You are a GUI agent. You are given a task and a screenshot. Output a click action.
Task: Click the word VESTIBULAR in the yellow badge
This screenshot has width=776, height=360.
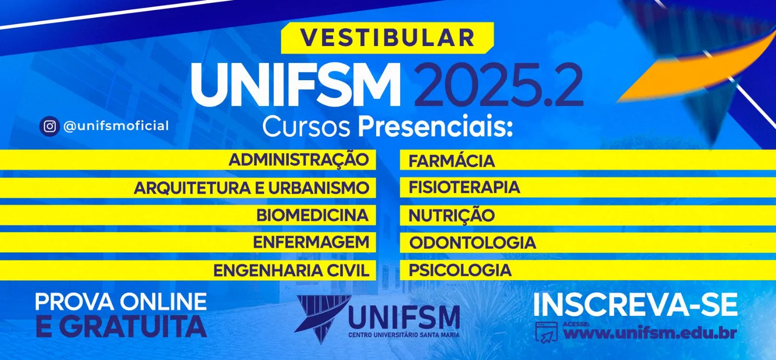pyautogui.click(x=387, y=37)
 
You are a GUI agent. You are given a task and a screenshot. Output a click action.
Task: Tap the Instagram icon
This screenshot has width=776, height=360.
pyautogui.click(x=49, y=126)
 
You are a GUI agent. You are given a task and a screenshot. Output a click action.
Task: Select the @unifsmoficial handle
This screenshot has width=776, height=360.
pyautogui.click(x=116, y=126)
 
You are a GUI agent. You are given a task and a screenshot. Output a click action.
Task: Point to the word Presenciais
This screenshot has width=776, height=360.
pyautogui.click(x=435, y=126)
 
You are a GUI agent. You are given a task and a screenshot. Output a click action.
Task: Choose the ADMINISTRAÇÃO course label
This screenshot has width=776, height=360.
pyautogui.click(x=298, y=159)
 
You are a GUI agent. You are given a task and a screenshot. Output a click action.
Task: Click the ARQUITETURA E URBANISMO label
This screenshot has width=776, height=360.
pyautogui.click(x=251, y=188)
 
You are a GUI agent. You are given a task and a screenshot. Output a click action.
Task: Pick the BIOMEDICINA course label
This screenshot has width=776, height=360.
pyautogui.click(x=312, y=215)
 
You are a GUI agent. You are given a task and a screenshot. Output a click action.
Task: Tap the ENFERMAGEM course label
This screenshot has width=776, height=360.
pyautogui.click(x=311, y=242)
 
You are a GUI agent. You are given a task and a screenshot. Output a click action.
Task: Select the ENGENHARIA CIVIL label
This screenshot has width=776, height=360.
pyautogui.click(x=291, y=271)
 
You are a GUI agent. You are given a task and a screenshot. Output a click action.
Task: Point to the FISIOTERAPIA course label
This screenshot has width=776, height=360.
pyautogui.click(x=464, y=187)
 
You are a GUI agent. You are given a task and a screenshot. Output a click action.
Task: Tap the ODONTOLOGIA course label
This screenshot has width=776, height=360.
pyautogui.click(x=473, y=242)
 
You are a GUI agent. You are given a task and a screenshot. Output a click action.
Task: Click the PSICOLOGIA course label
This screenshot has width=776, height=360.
pyautogui.click(x=460, y=270)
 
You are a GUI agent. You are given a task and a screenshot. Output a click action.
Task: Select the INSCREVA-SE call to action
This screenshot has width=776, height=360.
pyautogui.click(x=636, y=305)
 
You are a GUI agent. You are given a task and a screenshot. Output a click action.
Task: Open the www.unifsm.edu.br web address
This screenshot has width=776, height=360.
pyautogui.click(x=650, y=333)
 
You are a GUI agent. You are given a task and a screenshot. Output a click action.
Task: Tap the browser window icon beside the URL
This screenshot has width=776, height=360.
pyautogui.click(x=547, y=332)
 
